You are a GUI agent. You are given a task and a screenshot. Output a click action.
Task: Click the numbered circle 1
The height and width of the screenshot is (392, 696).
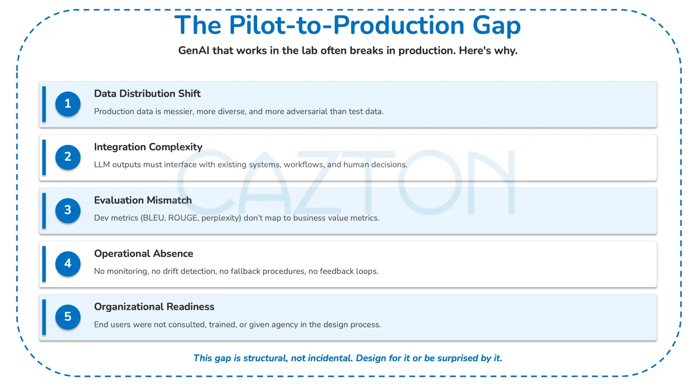68,104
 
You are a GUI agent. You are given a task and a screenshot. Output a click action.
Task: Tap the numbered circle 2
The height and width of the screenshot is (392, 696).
68,157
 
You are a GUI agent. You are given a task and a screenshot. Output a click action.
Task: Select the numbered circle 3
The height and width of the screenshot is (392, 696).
68,210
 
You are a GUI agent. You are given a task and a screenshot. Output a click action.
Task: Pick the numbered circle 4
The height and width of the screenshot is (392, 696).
68,264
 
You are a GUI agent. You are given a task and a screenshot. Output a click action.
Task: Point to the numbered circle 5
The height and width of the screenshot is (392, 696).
68,317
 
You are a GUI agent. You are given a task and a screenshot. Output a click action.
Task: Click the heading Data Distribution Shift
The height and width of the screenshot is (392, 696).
147,94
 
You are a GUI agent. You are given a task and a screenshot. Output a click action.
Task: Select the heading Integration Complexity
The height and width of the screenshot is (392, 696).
148,147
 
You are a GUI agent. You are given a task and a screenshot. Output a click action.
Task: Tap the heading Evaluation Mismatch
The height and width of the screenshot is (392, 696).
143,200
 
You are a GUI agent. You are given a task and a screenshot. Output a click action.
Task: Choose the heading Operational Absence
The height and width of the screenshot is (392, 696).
144,253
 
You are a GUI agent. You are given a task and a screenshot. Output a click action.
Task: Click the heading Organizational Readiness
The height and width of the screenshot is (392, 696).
154,307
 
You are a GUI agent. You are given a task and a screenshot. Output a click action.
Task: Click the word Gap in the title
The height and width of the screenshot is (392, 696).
496,26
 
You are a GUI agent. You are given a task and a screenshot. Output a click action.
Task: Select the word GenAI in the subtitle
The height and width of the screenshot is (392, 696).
194,51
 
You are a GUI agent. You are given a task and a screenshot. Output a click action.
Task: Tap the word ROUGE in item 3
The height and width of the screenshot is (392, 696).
183,218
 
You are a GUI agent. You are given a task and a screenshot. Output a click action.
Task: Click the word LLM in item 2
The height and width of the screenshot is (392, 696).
102,165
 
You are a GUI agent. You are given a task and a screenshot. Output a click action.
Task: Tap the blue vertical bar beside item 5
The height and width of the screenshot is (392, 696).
44,317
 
